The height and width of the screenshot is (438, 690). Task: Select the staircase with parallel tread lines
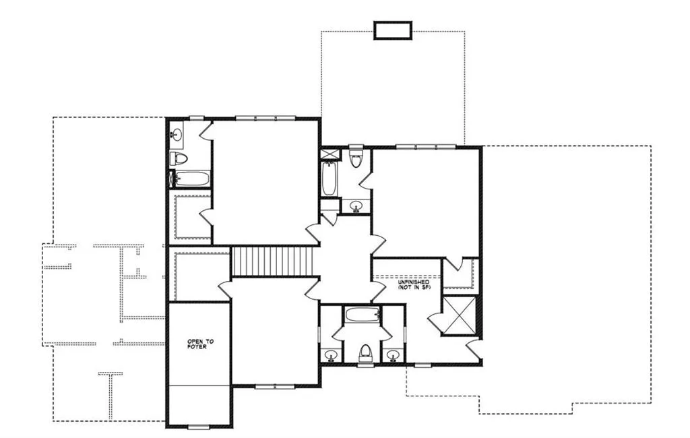[274, 261]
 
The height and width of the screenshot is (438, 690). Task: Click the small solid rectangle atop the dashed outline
[393, 30]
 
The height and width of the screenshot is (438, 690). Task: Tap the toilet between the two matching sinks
[365, 352]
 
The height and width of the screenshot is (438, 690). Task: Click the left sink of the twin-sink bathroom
[330, 354]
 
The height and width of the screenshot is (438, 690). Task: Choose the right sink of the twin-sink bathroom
[394, 354]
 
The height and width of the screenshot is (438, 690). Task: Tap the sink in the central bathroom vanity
[356, 205]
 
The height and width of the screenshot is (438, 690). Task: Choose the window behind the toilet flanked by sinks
[365, 366]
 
